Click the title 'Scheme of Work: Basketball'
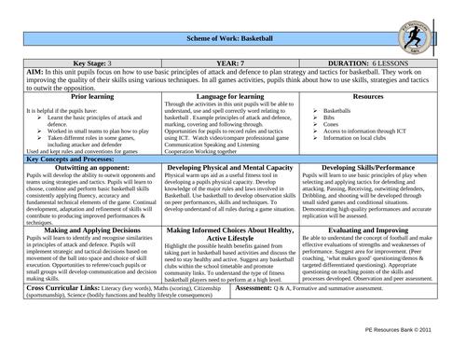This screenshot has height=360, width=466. click(x=230, y=35)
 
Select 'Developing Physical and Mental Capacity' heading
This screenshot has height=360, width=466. click(x=229, y=169)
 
